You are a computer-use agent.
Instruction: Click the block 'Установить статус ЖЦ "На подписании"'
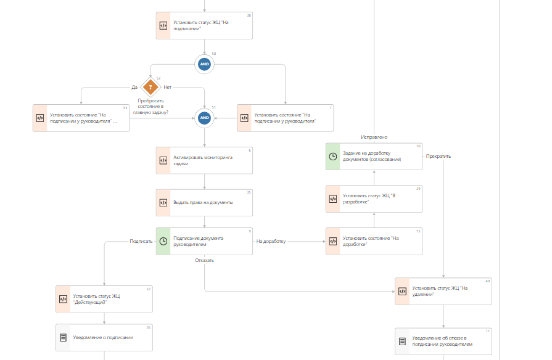pos(204,26)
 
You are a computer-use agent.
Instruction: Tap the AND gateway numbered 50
pos(204,64)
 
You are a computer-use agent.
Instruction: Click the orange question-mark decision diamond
pos(150,87)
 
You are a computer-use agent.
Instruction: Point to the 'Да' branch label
pos(134,87)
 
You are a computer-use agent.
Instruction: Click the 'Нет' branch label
pos(168,87)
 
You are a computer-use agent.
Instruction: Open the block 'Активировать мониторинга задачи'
pos(204,160)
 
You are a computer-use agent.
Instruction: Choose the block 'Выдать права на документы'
pos(204,202)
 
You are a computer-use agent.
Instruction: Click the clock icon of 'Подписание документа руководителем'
pos(163,241)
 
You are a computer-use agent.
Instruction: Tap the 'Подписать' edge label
pos(141,241)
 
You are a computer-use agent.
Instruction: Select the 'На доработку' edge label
pos(271,241)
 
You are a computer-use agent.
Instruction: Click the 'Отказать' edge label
pos(204,260)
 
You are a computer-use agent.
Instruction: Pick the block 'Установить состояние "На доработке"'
pos(374,241)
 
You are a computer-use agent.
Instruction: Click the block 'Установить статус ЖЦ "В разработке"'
pos(374,198)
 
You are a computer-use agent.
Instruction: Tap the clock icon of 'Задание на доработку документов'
pos(333,157)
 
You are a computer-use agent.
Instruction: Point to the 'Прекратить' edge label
pos(439,156)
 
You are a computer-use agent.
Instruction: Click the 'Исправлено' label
pos(374,137)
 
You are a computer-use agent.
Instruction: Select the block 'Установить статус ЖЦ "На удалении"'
pos(443,291)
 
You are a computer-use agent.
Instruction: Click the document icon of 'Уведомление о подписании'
pos(63,337)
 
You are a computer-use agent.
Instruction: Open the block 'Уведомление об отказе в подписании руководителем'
pos(443,341)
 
